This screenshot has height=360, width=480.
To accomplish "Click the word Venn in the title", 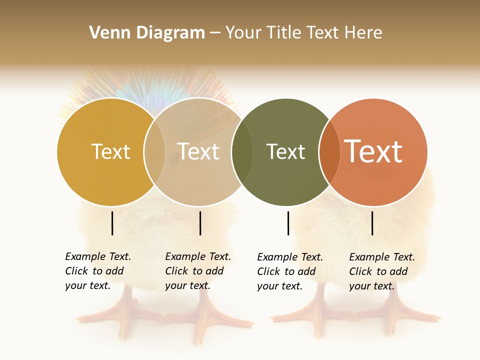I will click(x=106, y=33).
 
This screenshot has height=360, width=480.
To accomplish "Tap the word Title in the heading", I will click(x=284, y=33).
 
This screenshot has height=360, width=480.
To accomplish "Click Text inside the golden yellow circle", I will click(x=110, y=151).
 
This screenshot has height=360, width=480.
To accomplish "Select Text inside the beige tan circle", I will click(x=198, y=151).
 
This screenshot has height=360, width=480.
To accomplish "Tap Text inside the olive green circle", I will click(x=285, y=151).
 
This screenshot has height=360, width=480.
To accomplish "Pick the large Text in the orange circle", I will click(x=373, y=151).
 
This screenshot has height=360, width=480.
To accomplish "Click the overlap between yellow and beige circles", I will click(x=154, y=151).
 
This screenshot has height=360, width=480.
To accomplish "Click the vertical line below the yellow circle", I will click(x=112, y=223).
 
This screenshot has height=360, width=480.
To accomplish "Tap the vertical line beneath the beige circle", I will click(x=200, y=223).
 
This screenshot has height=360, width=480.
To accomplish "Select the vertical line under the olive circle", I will click(x=288, y=223).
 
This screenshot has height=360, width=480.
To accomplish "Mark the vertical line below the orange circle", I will click(x=372, y=223).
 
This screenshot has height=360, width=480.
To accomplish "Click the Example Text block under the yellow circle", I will click(x=97, y=271).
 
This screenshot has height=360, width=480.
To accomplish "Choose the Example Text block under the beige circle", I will click(x=197, y=271).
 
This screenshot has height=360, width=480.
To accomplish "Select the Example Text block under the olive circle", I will click(x=289, y=271).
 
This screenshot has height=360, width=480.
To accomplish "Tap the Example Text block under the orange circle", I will click(x=381, y=271).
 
